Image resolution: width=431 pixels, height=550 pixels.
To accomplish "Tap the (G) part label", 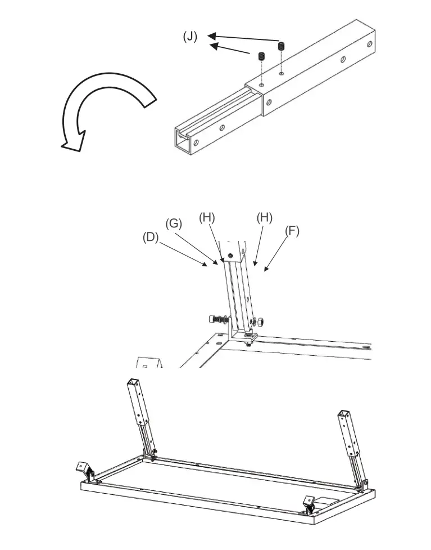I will [174, 223].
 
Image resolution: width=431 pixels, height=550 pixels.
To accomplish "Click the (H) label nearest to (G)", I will [207, 217].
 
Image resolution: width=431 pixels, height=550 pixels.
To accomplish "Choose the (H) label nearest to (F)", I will [264, 217].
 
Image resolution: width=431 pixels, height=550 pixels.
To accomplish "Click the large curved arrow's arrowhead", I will [73, 141].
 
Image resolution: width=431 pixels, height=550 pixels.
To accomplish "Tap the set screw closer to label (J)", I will [261, 56].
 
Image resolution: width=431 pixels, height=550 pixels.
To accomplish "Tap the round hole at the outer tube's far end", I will [369, 43].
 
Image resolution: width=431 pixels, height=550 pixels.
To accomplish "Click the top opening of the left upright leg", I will [133, 382].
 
